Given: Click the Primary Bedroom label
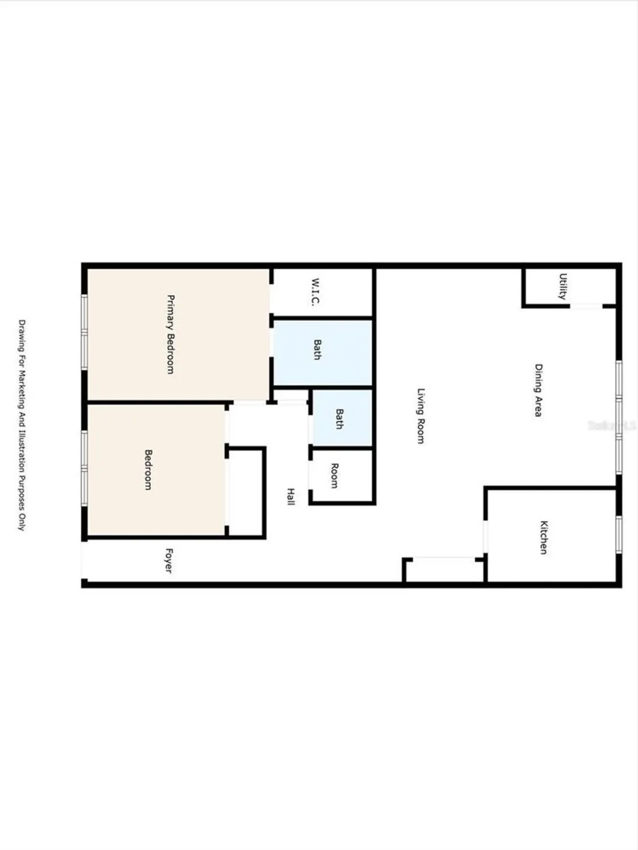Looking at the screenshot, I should [x=170, y=334].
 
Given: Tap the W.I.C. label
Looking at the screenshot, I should [x=316, y=292].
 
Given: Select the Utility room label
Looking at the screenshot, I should [x=563, y=286].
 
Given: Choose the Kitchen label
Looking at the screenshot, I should [x=543, y=537].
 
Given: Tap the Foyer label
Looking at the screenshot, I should [x=168, y=560].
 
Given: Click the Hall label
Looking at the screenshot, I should [x=290, y=496].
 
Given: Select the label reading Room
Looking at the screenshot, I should [x=334, y=476].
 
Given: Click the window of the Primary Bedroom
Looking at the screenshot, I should [x=84, y=332].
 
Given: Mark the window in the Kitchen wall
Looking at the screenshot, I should [x=619, y=534].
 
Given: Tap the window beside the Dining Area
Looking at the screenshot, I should [x=619, y=416].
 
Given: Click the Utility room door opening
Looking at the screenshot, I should [x=586, y=307].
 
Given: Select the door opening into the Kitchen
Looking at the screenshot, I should [x=485, y=536].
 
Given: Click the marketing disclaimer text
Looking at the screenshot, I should [x=22, y=425].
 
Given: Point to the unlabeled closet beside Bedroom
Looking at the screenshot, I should [x=246, y=491].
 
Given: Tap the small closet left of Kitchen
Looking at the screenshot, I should [x=444, y=570].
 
